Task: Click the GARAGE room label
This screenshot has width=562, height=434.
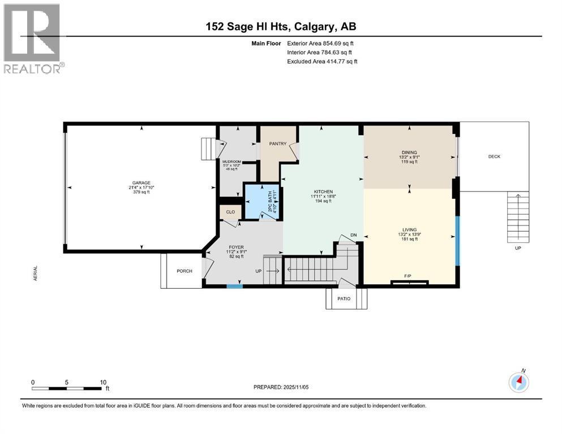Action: pos(141,183)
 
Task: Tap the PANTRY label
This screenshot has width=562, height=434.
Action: pos(277,144)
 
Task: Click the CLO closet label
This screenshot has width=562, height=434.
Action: pos(230,212)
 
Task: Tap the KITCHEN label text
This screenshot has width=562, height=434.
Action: pos(321,192)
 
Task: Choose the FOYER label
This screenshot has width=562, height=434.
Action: pos(236,247)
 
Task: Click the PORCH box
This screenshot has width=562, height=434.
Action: pos(184,271)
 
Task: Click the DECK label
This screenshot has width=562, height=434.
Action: pos(494,157)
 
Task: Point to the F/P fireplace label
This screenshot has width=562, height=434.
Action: pos(407,276)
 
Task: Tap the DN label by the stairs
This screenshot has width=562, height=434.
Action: pos(353,235)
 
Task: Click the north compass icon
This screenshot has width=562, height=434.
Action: pos(518,383)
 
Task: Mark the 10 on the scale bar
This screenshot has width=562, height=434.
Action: pos(103,382)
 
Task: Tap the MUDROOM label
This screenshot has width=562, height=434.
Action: pos(231,162)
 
